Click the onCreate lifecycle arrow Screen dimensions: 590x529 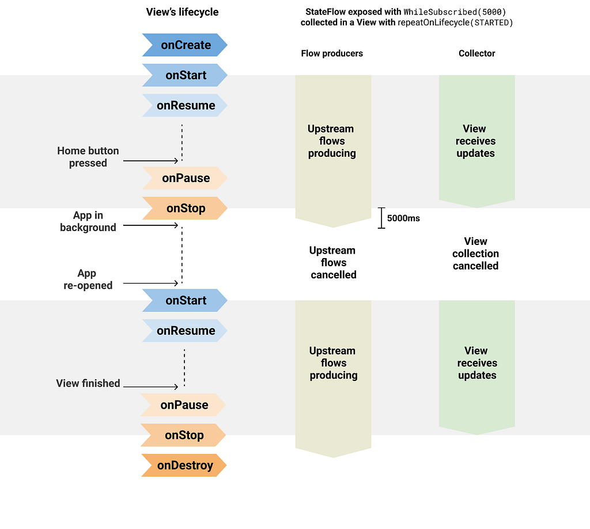tap(185, 45)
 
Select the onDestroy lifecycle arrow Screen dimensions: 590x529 tap(184, 466)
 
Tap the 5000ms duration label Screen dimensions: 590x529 tap(403, 218)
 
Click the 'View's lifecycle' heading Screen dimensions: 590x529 tap(182, 12)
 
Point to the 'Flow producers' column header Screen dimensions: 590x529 tap(332, 54)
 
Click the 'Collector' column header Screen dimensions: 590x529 tap(476, 54)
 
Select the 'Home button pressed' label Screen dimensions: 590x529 tap(88, 157)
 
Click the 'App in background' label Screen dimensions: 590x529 tap(88, 221)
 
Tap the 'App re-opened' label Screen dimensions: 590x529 tap(88, 279)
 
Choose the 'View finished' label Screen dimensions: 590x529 tap(88, 383)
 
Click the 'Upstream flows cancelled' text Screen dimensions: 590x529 tap(333, 263)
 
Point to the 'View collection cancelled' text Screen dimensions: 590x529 tap(475, 254)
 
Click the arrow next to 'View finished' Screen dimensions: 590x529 tap(150, 387)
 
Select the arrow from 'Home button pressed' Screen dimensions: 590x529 tap(150, 161)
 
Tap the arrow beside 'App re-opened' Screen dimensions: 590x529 tap(150, 283)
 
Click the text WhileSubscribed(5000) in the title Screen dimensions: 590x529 tap(455, 12)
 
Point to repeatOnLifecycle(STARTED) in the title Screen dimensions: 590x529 tap(455, 22)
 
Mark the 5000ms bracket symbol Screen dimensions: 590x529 tap(381, 218)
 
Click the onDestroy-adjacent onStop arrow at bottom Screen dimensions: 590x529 tap(183, 435)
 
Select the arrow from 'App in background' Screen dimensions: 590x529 tap(150, 225)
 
